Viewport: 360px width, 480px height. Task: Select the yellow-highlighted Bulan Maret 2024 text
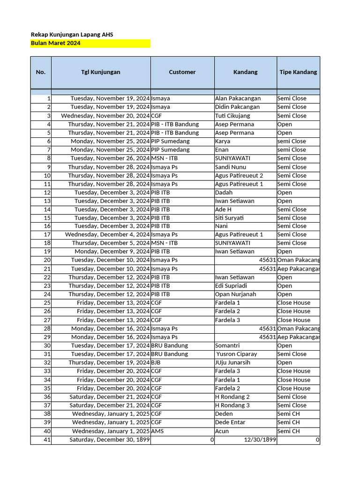[55, 43]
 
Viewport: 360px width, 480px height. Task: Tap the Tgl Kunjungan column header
[101, 72]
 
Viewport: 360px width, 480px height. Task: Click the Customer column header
[182, 72]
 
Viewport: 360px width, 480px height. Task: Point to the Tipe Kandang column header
[298, 72]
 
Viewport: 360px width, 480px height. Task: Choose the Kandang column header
[245, 72]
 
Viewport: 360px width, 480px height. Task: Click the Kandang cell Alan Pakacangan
[238, 98]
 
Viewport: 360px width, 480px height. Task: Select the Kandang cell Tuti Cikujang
[232, 116]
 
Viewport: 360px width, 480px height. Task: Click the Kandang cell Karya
[223, 141]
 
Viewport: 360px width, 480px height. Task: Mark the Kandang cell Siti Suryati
[229, 218]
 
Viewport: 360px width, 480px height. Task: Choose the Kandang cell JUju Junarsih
[232, 362]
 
